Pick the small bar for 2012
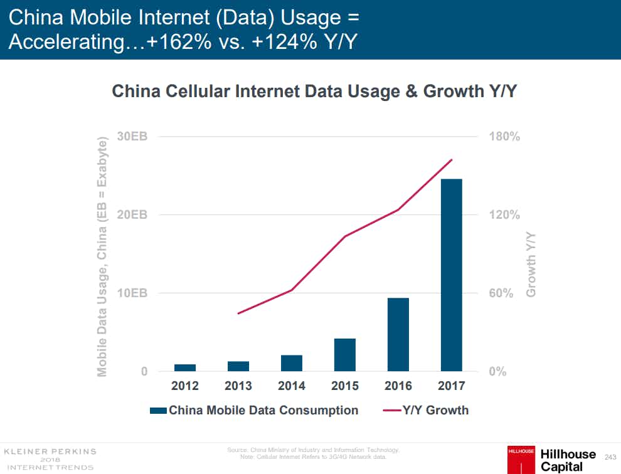pos(185,367)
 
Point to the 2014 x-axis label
pos(292,386)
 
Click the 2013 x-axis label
pos(238,386)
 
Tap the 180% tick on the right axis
pos(504,137)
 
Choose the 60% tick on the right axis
pos(501,293)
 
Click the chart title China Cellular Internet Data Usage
pos(314,92)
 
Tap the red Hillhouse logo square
pos(521,458)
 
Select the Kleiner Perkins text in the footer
pos(50,451)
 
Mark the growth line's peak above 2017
pos(452,160)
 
